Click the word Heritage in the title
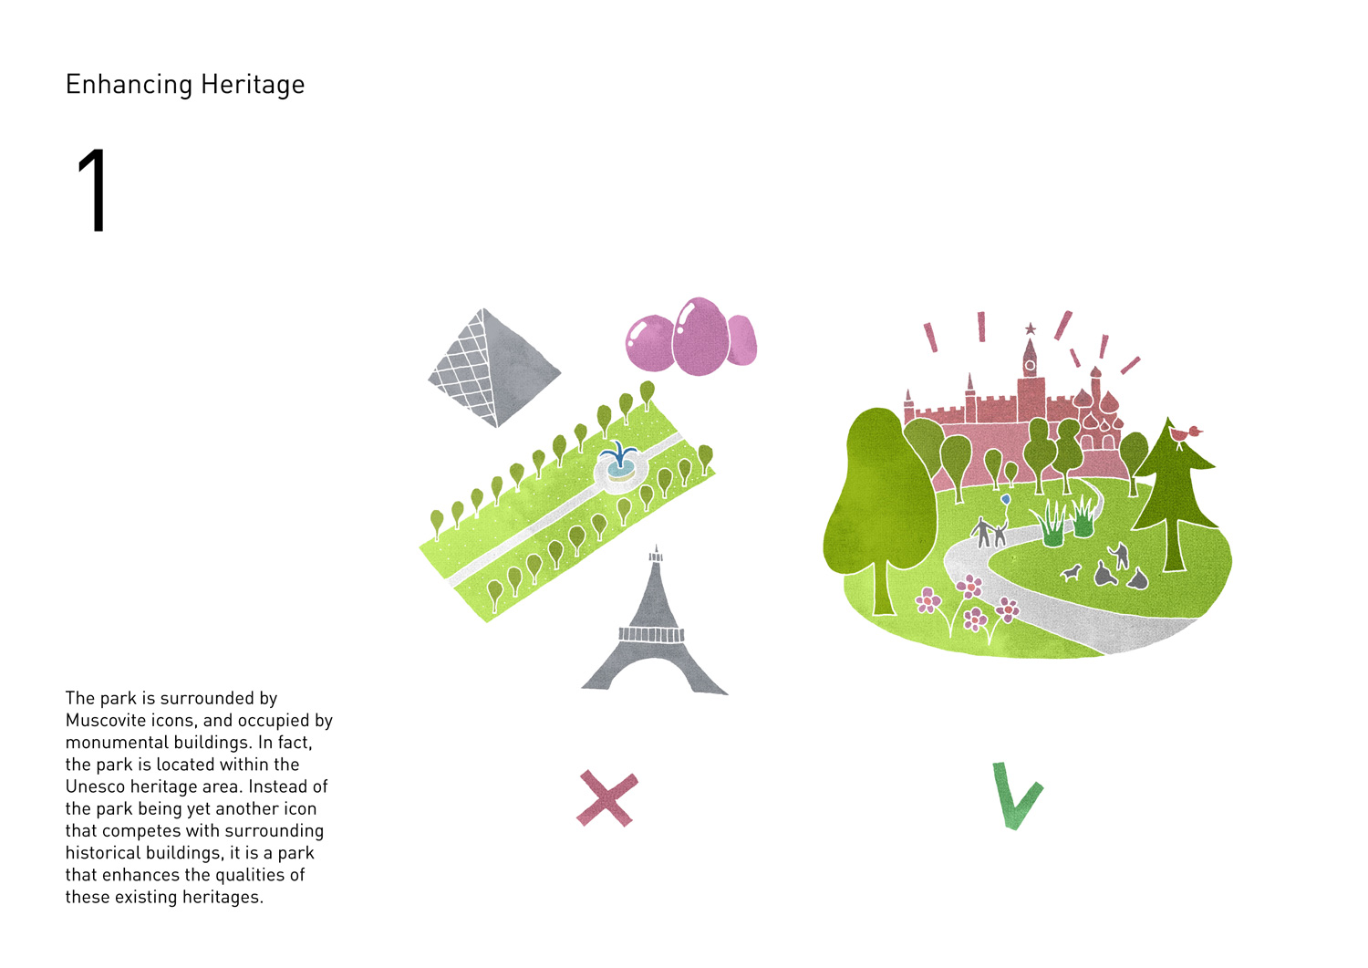(253, 85)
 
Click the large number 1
(93, 190)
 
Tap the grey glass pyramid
(493, 368)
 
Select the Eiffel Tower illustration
(655, 621)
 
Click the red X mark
(607, 798)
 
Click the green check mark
(1017, 796)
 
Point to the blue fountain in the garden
(619, 460)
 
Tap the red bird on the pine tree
(1185, 434)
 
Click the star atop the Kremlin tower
(1031, 328)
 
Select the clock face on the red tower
(1031, 366)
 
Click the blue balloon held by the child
(1005, 500)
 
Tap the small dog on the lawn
(1070, 573)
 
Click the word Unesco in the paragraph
(93, 786)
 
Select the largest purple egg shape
(700, 336)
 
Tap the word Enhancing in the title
(130, 85)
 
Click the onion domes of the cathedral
(1099, 410)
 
